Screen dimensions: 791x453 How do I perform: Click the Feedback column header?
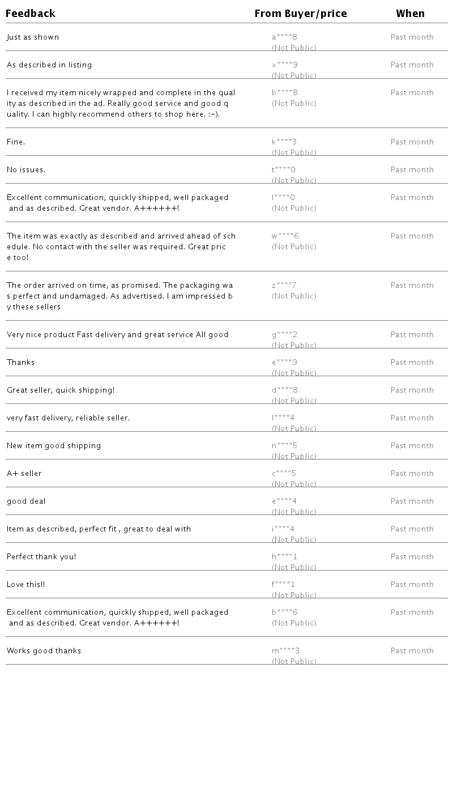[x=31, y=14]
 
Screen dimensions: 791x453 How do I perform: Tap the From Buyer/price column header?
[x=301, y=14]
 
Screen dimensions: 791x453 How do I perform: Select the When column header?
[x=411, y=14]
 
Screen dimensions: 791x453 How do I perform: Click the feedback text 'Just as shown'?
[x=33, y=37]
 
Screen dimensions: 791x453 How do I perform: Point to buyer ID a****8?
[x=284, y=37]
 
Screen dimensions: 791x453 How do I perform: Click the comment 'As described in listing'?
[x=49, y=65]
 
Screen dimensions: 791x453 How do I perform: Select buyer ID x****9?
[x=284, y=65]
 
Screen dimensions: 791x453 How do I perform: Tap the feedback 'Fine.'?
[x=16, y=142]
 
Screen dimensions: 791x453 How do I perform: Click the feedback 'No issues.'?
[x=26, y=170]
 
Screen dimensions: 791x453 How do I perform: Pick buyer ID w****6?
[x=285, y=236]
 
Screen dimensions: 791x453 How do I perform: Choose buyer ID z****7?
[x=284, y=286]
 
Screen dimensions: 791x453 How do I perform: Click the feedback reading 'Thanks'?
[x=21, y=363]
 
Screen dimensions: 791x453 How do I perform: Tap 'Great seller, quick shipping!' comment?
[x=61, y=390]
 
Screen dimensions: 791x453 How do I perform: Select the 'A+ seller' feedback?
[x=24, y=474]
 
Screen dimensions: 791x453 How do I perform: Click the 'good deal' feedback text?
[x=26, y=501]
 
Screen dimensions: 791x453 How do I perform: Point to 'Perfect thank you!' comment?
[x=41, y=557]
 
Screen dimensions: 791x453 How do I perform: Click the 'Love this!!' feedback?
[x=26, y=585]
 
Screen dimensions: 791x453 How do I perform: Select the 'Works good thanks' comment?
[x=44, y=651]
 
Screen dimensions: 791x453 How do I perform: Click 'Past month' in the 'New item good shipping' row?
[x=412, y=446]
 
